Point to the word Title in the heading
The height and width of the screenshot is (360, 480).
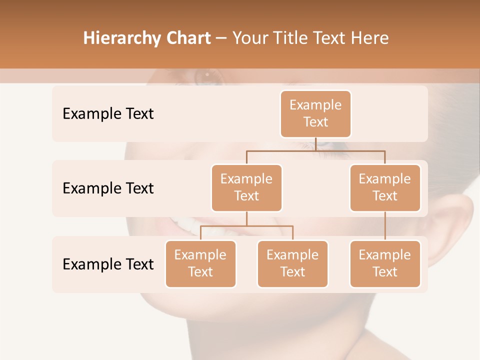[293, 38]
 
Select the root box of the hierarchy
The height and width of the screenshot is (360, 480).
[315, 114]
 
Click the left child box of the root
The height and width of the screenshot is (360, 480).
[246, 188]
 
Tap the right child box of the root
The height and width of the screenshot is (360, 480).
[385, 188]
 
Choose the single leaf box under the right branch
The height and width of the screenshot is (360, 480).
[385, 264]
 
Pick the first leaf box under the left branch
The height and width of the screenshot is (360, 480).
[200, 264]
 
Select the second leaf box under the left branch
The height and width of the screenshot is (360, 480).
[292, 264]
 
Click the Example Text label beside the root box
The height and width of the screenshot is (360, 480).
[108, 114]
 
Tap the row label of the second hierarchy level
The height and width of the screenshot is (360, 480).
[108, 188]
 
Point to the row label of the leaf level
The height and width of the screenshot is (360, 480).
[108, 264]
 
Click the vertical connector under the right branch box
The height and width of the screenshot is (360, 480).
[385, 226]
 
